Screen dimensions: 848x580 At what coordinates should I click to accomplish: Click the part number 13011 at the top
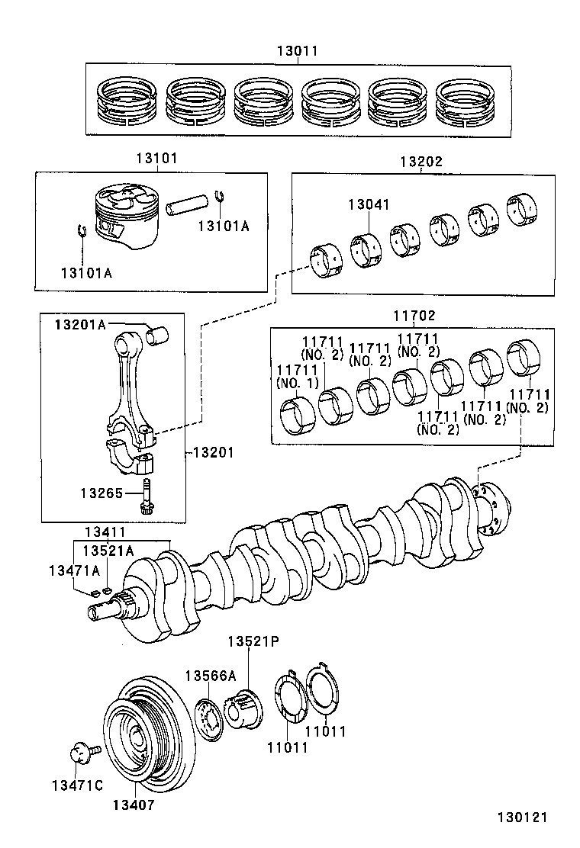[297, 51]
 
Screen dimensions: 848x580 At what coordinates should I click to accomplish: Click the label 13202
[420, 162]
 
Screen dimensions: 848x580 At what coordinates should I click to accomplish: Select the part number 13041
[369, 204]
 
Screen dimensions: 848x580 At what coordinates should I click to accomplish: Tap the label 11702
[414, 315]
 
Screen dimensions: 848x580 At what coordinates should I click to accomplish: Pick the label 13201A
[79, 325]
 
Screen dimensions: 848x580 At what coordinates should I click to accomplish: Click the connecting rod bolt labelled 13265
[145, 496]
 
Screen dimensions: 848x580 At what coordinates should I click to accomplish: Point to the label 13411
[105, 532]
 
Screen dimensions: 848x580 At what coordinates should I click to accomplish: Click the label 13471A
[74, 570]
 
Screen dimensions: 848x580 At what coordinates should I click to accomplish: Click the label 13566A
[210, 675]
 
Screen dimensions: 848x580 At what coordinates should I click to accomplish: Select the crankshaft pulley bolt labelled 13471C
[79, 753]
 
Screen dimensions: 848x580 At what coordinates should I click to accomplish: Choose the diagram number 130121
[523, 817]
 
